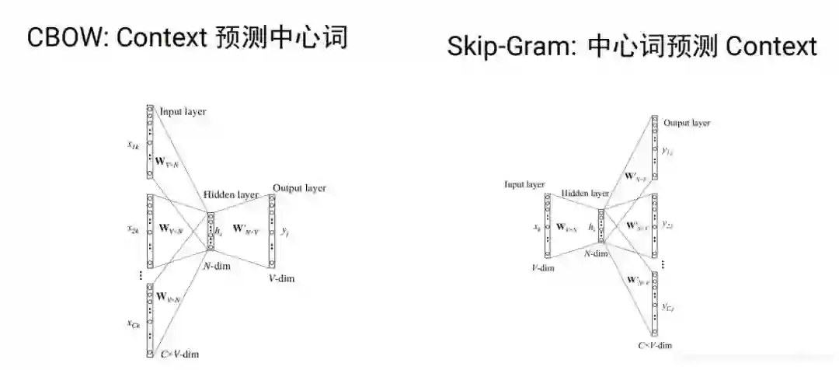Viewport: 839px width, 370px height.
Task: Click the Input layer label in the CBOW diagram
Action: coord(183,112)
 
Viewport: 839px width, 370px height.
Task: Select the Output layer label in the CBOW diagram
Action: coord(299,188)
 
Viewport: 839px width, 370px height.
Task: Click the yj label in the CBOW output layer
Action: coord(287,231)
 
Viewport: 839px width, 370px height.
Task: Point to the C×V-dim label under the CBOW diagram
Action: coord(180,354)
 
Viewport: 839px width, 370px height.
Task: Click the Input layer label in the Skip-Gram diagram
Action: coord(524,185)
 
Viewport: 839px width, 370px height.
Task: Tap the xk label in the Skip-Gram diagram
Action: coord(537,227)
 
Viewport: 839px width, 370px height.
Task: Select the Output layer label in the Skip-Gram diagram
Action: coord(687,123)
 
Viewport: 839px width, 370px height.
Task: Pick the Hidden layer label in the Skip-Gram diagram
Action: coord(585,194)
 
